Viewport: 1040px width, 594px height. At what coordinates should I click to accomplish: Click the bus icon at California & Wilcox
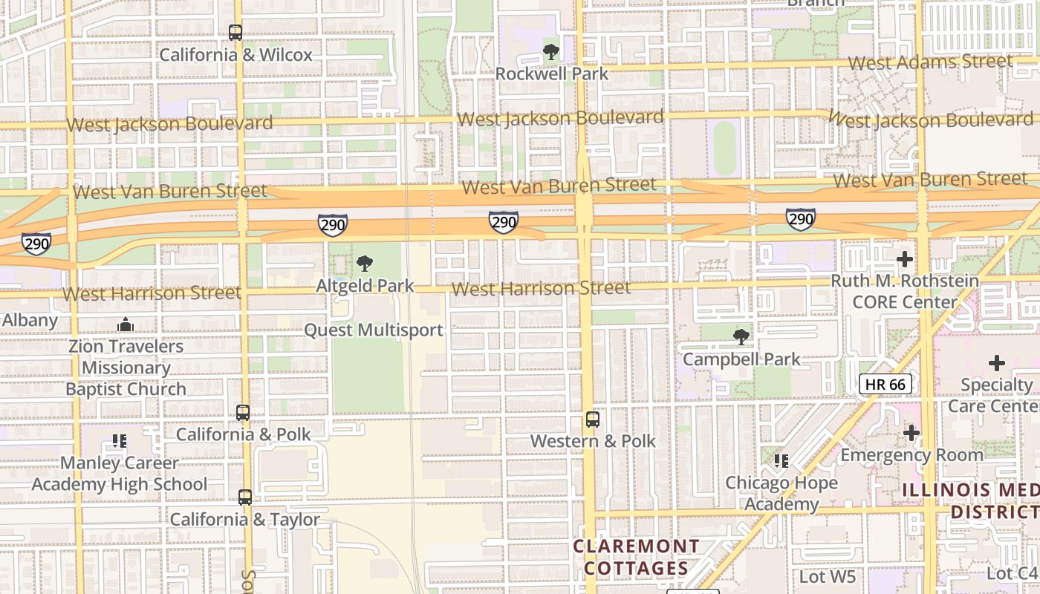(235, 33)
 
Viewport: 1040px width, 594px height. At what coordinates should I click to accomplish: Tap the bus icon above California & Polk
(243, 413)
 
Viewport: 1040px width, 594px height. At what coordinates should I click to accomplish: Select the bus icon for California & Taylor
(245, 497)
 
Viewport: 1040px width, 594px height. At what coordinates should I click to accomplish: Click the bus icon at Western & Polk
(592, 420)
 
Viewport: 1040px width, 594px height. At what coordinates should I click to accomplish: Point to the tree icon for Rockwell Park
(550, 52)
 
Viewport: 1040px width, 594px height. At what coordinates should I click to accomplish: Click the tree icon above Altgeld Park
(364, 264)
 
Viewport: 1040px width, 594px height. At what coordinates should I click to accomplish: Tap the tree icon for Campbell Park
(741, 337)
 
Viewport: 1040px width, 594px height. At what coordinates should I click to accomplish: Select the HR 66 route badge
(885, 384)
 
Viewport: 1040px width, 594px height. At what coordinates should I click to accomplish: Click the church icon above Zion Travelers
(126, 325)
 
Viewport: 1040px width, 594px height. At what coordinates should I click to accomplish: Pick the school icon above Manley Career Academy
(119, 442)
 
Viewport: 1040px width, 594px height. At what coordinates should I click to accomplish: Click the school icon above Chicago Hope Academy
(781, 461)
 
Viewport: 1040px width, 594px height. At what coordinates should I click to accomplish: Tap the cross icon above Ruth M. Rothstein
(904, 259)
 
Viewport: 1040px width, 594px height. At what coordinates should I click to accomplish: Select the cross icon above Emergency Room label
(911, 433)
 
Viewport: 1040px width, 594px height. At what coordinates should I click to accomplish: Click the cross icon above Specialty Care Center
(996, 363)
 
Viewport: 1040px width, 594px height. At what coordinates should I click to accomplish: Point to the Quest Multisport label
(374, 330)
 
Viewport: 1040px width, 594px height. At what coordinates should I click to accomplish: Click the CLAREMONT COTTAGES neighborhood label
(636, 558)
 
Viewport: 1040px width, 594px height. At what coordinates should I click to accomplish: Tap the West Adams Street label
(930, 62)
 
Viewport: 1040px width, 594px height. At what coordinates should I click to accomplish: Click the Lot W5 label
(828, 576)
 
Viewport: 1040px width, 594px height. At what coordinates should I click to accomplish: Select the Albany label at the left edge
(30, 320)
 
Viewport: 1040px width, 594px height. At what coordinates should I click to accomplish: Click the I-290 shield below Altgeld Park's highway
(332, 225)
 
